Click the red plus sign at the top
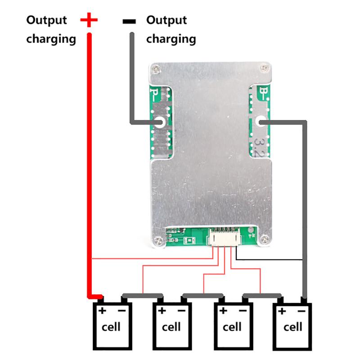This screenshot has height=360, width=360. (x=89, y=20)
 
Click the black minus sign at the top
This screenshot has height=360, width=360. (x=130, y=21)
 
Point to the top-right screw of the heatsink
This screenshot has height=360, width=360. (x=263, y=68)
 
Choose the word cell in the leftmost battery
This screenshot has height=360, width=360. (x=112, y=326)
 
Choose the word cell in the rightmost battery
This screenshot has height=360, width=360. (x=292, y=326)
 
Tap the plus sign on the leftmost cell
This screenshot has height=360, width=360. (x=102, y=310)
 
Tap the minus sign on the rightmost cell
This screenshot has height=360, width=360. (x=302, y=310)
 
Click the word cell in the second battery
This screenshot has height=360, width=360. (x=172, y=326)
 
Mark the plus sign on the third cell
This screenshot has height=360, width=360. (x=223, y=310)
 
